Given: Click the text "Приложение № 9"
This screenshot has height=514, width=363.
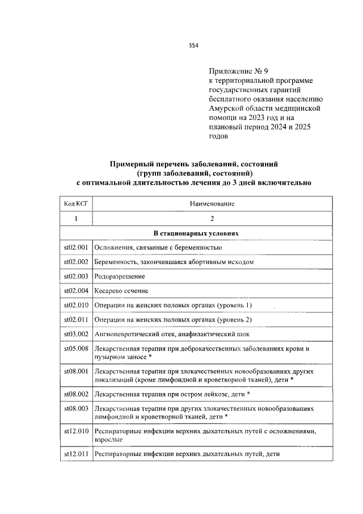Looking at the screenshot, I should pyautogui.click(x=234, y=71).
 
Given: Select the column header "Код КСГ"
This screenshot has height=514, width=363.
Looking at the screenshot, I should pyautogui.click(x=76, y=203).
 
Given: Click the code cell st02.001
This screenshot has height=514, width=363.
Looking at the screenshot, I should pyautogui.click(x=76, y=248).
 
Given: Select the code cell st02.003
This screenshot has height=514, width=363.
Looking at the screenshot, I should pyautogui.click(x=76, y=277).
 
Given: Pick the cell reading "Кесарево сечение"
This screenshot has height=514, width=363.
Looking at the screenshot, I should pyautogui.click(x=121, y=291).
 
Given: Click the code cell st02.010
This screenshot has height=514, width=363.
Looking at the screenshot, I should pyautogui.click(x=76, y=306).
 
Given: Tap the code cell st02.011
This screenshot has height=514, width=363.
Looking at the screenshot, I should pyautogui.click(x=76, y=320).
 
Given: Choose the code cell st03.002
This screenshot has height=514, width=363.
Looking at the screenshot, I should pyautogui.click(x=76, y=335).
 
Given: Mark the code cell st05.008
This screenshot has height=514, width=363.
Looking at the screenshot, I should pyautogui.click(x=76, y=349).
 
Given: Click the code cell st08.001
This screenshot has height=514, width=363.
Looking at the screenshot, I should pyautogui.click(x=76, y=371).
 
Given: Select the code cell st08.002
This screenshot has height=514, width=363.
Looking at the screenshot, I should pyautogui.click(x=76, y=393).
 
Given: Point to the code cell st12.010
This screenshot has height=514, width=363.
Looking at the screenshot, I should pyautogui.click(x=76, y=431).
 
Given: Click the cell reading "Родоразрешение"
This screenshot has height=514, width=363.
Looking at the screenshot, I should pyautogui.click(x=120, y=277).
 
